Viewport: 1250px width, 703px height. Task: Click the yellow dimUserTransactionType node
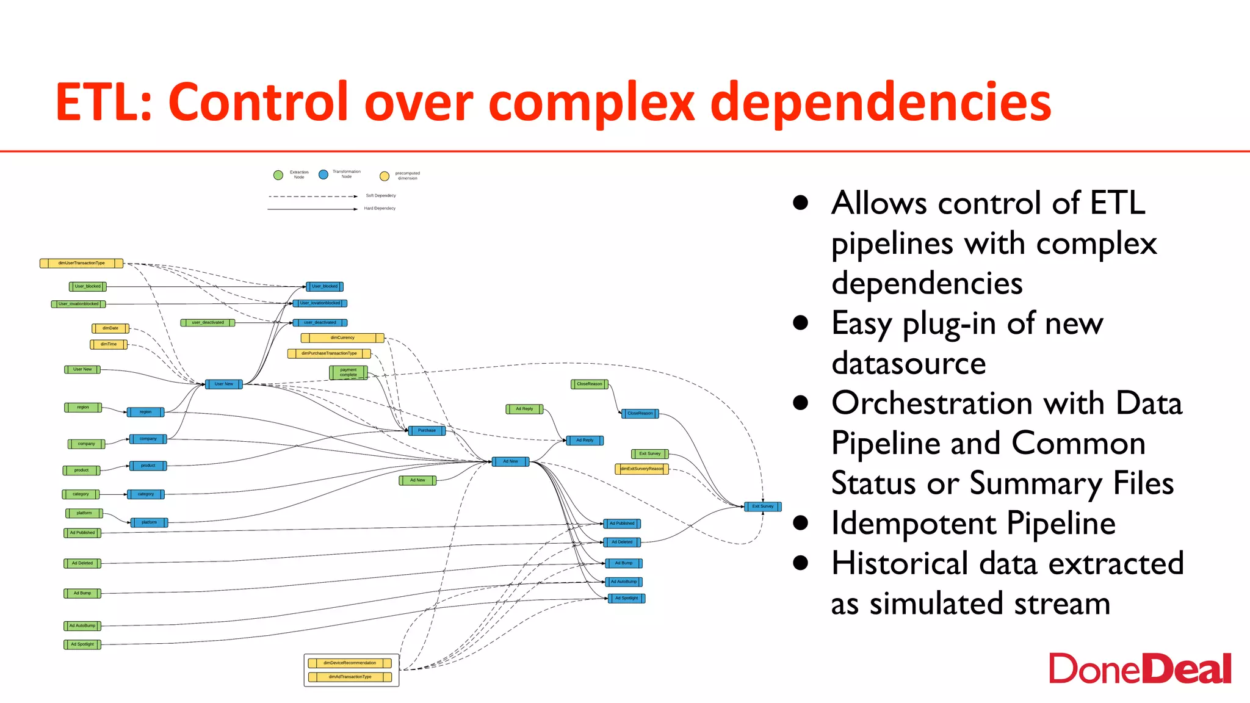click(81, 263)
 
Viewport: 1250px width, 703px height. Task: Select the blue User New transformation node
click(224, 384)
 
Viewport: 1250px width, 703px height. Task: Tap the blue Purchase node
click(427, 430)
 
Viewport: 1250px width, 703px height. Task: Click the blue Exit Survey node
click(762, 506)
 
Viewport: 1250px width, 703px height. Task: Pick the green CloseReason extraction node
click(589, 384)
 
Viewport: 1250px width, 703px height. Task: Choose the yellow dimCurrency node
click(342, 337)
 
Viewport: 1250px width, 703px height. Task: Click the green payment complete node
click(349, 372)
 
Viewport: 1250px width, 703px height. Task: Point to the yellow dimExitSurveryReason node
click(641, 469)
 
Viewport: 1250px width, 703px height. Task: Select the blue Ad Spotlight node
click(626, 598)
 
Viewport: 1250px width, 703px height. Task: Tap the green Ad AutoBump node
click(82, 625)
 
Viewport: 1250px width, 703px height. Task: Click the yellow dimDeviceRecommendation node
click(350, 663)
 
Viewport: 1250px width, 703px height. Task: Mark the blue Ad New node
click(510, 461)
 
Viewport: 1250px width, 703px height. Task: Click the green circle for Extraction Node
click(278, 175)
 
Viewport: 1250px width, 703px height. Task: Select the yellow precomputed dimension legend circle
click(385, 176)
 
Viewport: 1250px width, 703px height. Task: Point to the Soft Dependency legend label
click(381, 196)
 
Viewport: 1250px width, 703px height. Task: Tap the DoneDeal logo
click(1140, 669)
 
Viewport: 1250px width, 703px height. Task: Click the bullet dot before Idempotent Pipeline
click(801, 524)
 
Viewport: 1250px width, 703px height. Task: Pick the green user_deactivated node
click(208, 322)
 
